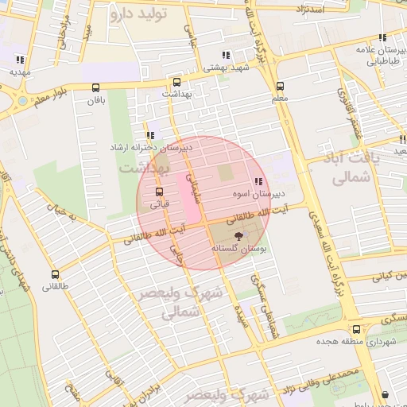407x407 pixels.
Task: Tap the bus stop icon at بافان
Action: tap(96, 87)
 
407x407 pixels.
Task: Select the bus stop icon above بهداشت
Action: tap(176, 82)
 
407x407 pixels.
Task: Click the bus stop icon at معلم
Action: tap(280, 87)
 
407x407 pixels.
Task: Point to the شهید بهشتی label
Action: tap(227, 68)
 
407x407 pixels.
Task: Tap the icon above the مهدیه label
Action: tap(19, 60)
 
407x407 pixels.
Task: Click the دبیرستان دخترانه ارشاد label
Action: tap(151, 148)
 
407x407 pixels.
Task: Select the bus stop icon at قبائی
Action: tap(160, 192)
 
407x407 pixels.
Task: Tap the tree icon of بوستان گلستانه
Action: tap(237, 235)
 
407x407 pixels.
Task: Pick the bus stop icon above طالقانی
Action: tap(54, 273)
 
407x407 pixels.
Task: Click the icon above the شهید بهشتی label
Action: tap(226, 56)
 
